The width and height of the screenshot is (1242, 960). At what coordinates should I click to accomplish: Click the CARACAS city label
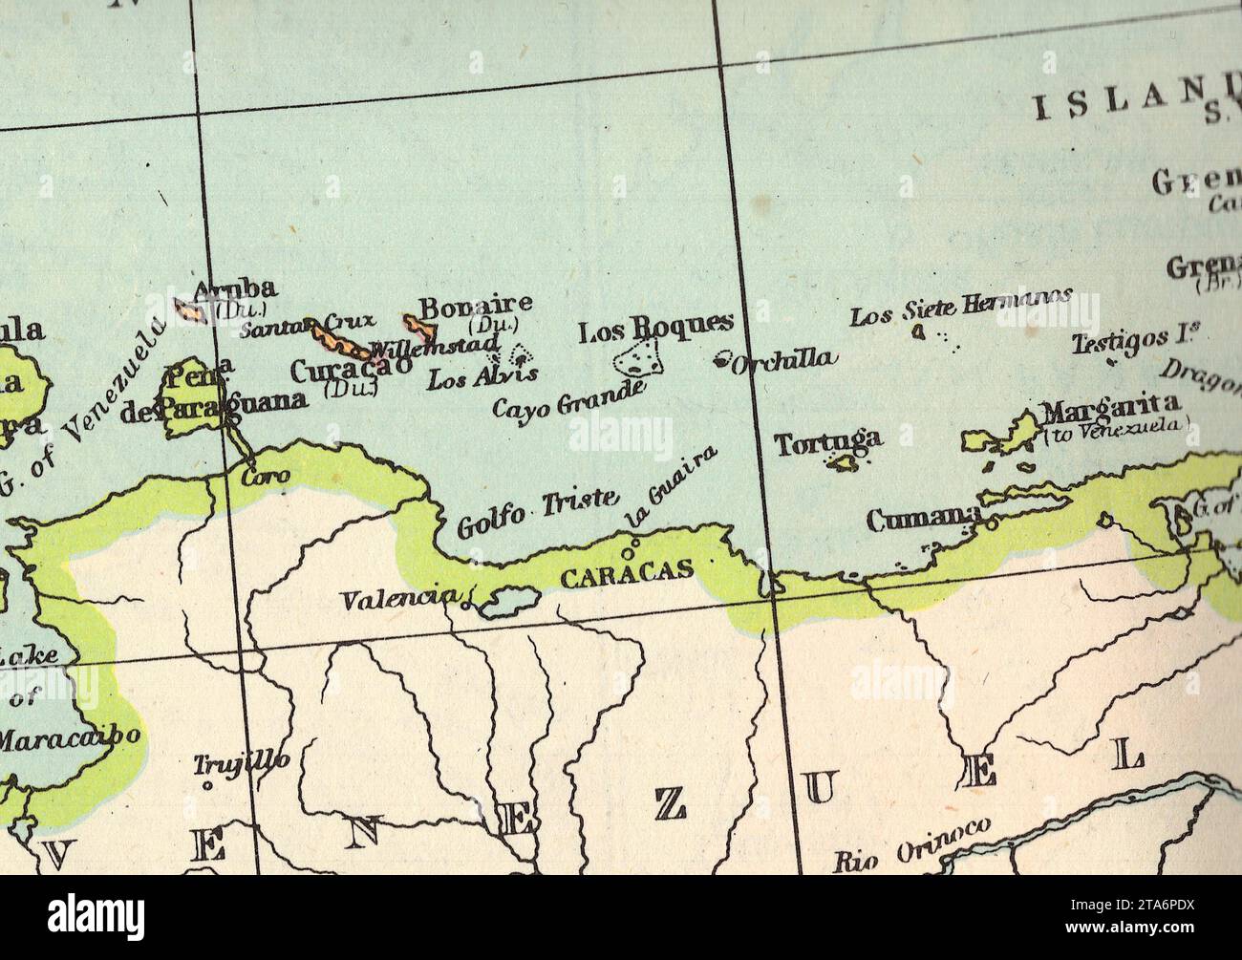click(x=626, y=574)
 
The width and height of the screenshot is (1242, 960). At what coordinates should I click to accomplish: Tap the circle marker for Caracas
click(x=628, y=552)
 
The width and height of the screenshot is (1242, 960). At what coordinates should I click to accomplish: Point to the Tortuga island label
click(x=827, y=441)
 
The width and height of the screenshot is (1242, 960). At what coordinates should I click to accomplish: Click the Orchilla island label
click(x=784, y=359)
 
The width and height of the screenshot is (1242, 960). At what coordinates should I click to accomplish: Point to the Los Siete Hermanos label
click(x=960, y=306)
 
